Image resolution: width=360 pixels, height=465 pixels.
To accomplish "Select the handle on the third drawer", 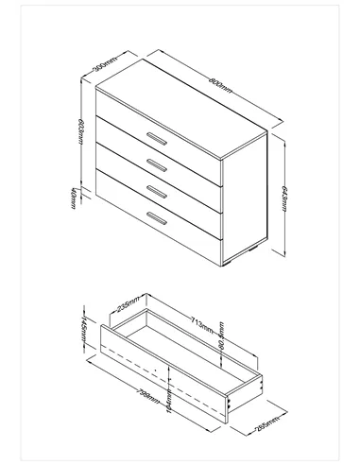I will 155,192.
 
